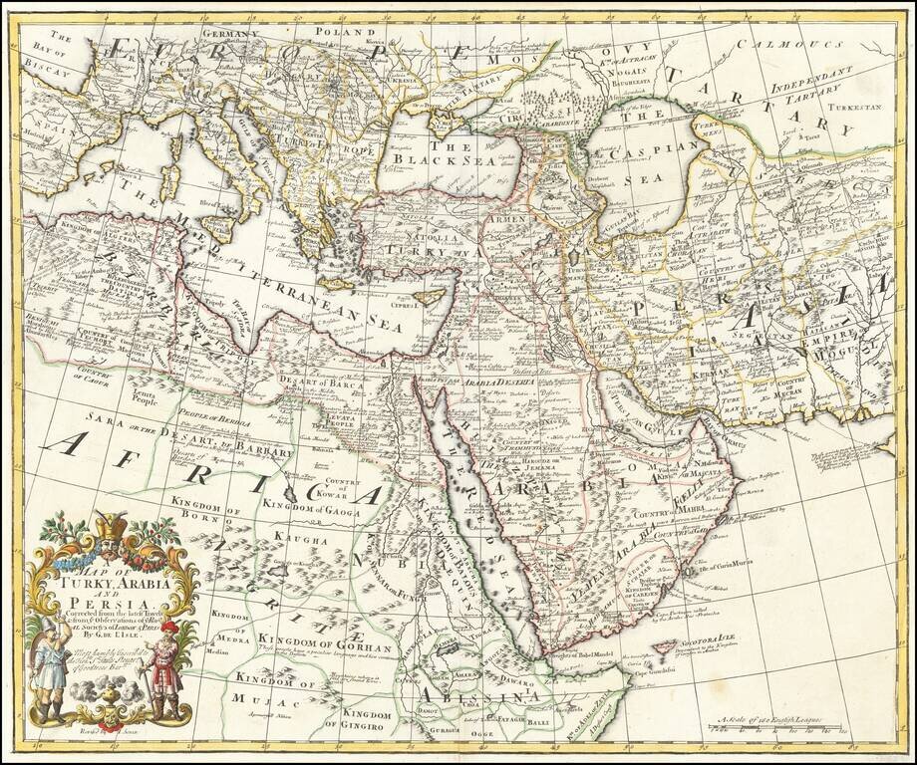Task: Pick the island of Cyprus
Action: tap(428, 297)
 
